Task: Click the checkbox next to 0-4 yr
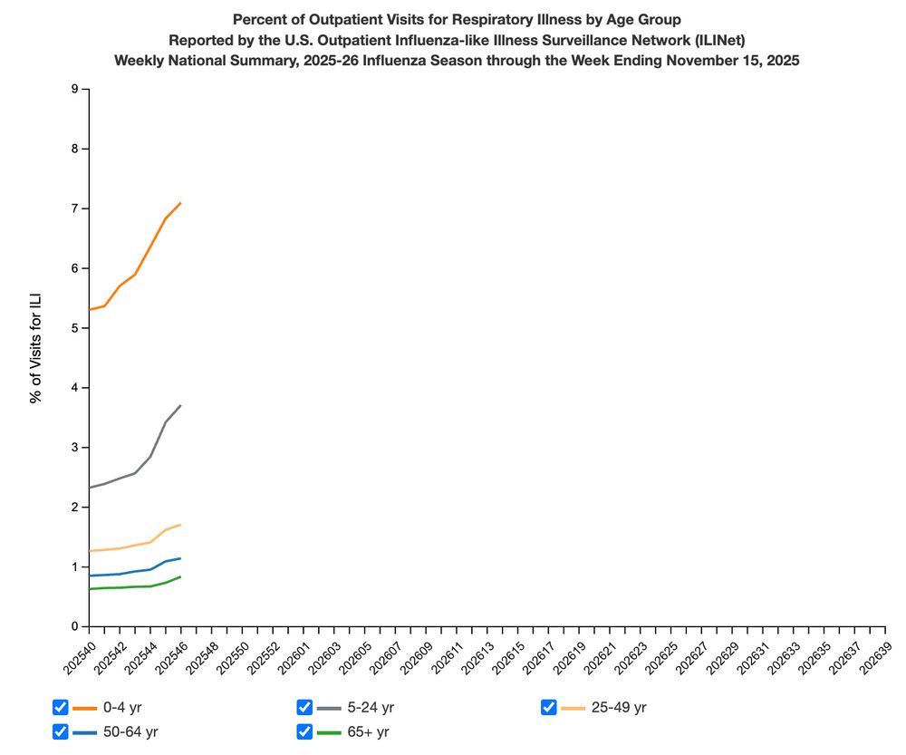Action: [61, 707]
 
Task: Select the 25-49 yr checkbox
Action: [548, 707]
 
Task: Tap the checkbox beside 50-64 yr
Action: [61, 731]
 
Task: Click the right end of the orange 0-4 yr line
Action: [181, 203]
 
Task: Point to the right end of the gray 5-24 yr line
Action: [181, 405]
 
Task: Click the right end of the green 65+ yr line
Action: [181, 576]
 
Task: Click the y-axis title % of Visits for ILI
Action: [36, 348]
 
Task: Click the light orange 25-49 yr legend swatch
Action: [573, 707]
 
